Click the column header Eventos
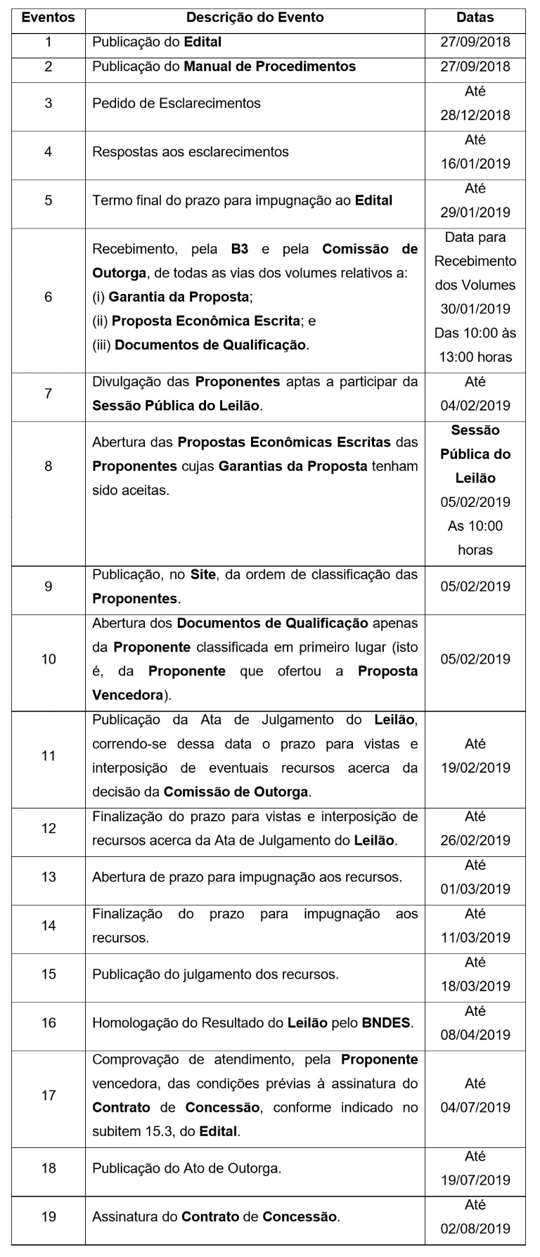49,18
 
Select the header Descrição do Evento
255,18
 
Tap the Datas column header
475,18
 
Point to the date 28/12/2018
475,115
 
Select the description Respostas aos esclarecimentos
191,152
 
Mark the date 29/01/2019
475,212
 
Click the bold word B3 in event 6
239,249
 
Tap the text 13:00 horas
475,357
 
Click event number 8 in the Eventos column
49,465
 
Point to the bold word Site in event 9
202,574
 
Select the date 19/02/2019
475,768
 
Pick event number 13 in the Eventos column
49,877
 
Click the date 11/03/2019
475,937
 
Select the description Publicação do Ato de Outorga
187,1168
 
